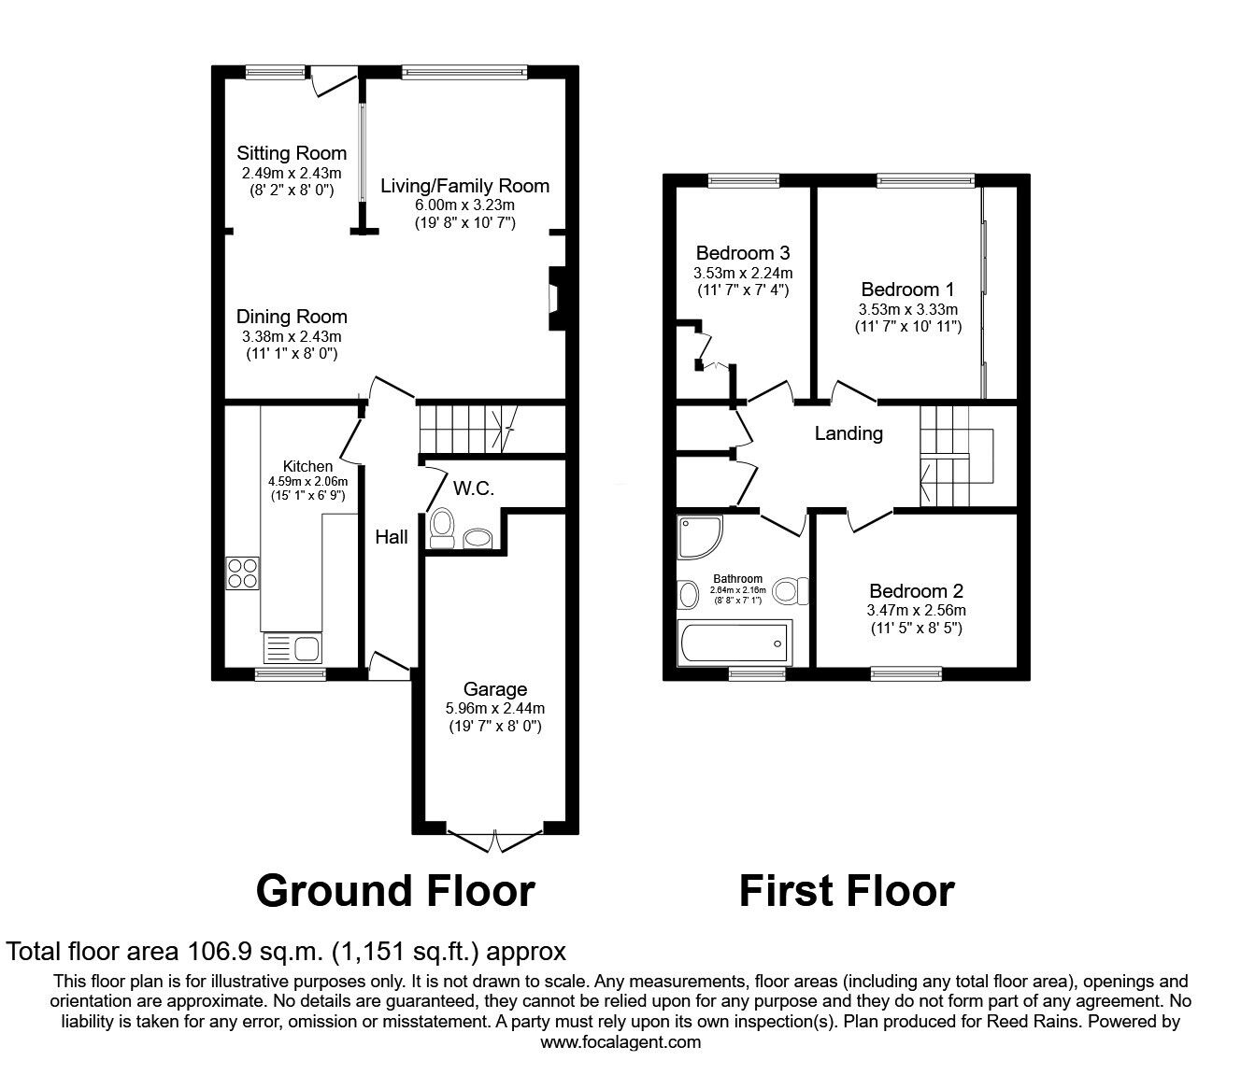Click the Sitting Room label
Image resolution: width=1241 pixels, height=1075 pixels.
(291, 153)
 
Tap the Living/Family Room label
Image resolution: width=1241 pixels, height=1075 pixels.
(464, 185)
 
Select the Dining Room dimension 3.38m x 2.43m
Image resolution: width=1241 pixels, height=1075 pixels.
(291, 336)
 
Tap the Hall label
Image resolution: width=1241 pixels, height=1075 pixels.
(392, 537)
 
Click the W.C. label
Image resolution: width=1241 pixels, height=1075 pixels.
(473, 488)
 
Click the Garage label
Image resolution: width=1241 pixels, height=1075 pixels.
(495, 689)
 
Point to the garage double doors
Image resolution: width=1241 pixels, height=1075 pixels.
(494, 838)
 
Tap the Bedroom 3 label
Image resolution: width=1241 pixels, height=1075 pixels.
(743, 253)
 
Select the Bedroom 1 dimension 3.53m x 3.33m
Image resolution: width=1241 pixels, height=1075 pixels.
(907, 309)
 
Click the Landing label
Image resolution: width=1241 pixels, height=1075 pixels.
(848, 433)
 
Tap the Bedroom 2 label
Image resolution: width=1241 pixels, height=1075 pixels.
(915, 591)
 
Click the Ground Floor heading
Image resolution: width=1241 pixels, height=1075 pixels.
(394, 891)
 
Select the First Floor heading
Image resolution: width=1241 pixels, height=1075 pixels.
(846, 891)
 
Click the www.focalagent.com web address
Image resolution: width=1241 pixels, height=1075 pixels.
(620, 1041)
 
